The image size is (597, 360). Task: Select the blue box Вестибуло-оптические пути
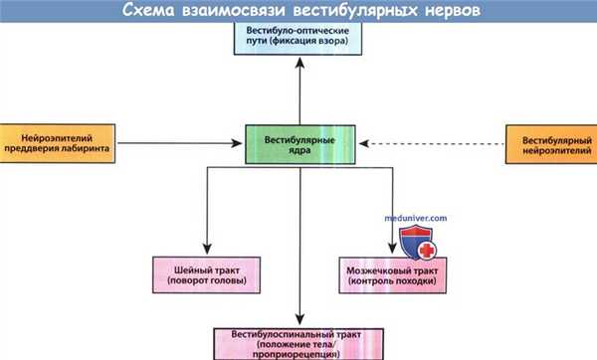(x=298, y=39)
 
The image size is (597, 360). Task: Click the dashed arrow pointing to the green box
(x=428, y=144)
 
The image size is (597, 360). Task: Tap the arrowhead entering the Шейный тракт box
(x=205, y=249)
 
